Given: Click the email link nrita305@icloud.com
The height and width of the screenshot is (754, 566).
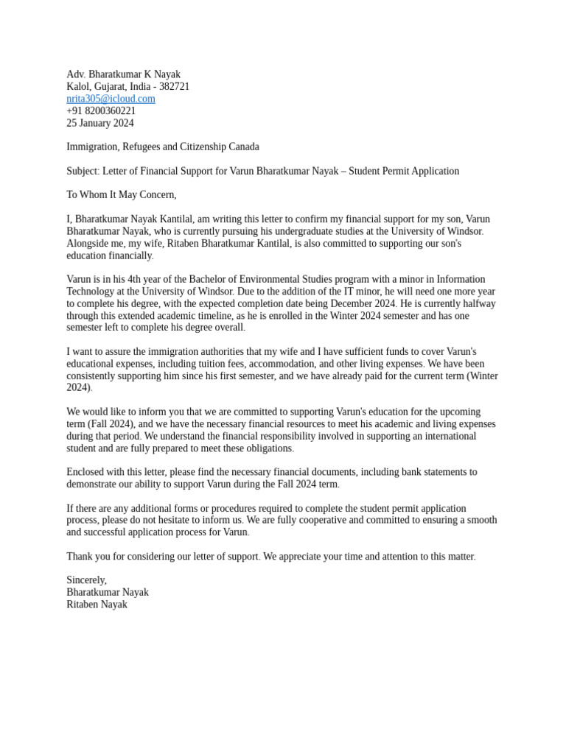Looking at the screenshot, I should coord(111,99).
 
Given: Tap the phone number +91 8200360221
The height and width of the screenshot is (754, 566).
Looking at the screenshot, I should coord(101,111).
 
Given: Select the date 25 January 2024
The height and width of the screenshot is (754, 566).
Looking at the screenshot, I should coord(100,123).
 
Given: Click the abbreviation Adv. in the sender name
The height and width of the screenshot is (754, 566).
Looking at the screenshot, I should coord(76,74).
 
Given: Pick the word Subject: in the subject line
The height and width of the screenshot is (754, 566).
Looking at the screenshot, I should coord(83,171).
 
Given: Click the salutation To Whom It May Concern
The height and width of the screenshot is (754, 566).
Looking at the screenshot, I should coord(122,195).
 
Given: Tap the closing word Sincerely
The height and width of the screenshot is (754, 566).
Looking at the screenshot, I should coord(86,580).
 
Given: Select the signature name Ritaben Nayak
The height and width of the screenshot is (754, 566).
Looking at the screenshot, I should coord(97,605).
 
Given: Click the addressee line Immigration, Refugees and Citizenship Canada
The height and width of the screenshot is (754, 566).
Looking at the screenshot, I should coord(163,147).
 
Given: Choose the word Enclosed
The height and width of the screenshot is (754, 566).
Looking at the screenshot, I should coord(87,472).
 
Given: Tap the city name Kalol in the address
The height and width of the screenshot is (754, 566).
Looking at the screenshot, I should coord(79,87).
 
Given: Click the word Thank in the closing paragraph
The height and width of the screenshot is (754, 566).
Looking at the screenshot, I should coord(80,556).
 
